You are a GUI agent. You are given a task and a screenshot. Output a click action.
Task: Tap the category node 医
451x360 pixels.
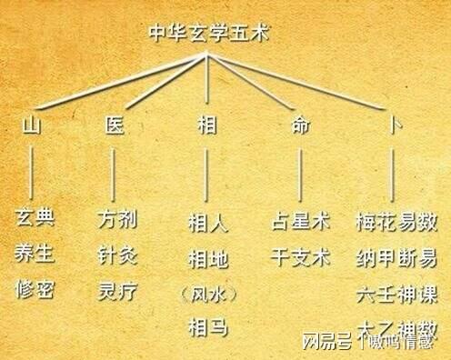(x=115, y=125)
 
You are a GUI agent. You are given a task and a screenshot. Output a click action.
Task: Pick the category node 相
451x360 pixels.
(x=207, y=125)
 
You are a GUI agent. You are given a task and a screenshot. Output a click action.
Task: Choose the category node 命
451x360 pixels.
(x=300, y=125)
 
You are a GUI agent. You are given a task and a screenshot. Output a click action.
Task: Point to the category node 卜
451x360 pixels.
(x=394, y=125)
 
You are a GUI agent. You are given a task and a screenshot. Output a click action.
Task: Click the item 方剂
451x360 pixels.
(x=115, y=220)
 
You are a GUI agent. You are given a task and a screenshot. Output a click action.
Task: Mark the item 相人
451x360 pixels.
(x=207, y=221)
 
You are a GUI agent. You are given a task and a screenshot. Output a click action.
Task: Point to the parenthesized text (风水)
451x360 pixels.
(x=207, y=293)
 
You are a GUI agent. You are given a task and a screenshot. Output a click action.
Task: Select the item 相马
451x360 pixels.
(x=207, y=325)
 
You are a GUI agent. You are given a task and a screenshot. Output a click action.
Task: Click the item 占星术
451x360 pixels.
(x=300, y=221)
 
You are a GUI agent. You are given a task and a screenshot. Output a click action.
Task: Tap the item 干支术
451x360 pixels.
(x=300, y=255)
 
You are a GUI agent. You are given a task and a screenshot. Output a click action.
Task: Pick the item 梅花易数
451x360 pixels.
(x=397, y=221)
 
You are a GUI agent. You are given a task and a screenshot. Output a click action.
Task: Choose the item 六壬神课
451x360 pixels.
(x=397, y=292)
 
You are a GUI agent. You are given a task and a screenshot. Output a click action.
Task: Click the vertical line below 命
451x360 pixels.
(x=300, y=173)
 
